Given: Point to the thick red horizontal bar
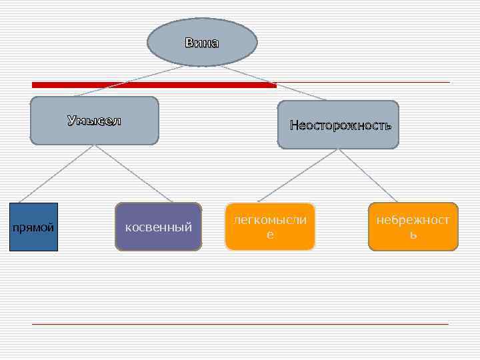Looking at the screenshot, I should [x=153, y=85].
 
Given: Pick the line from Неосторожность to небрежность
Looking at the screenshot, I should [x=369, y=174].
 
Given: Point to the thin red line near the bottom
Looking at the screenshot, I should [x=240, y=324].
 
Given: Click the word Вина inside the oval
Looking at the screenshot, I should [x=201, y=43].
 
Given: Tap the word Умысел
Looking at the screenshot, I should [x=94, y=121].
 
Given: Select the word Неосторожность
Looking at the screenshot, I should [x=340, y=125].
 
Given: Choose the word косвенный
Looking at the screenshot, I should [x=159, y=227].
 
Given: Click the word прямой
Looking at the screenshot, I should [x=34, y=228].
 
